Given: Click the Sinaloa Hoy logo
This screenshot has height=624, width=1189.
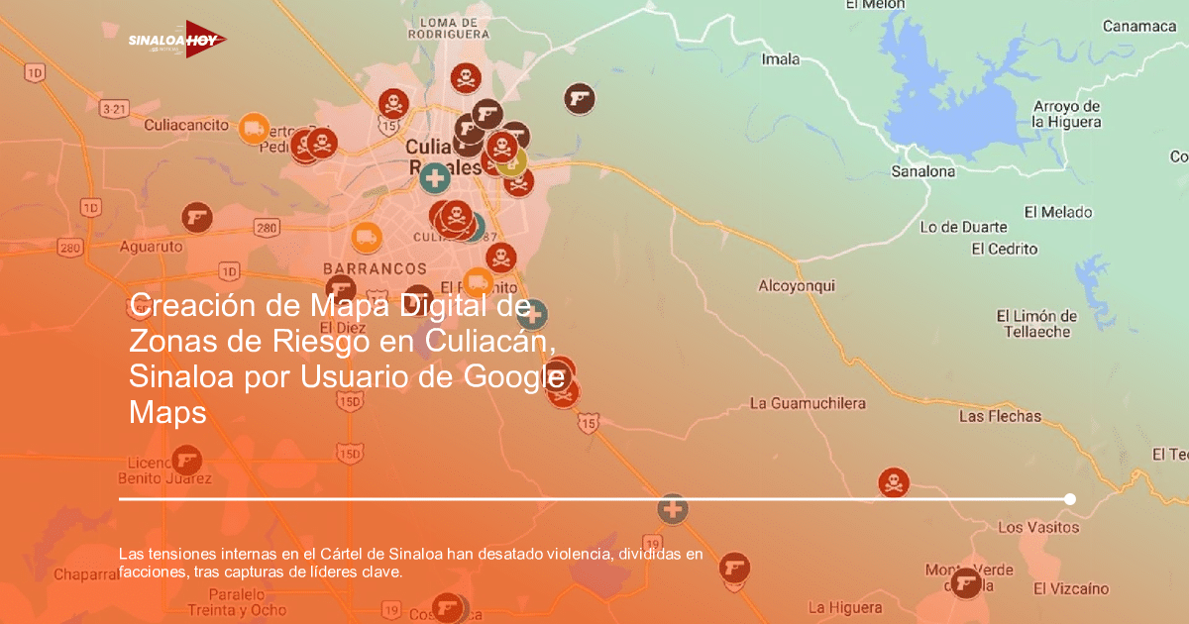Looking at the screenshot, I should (x=176, y=40).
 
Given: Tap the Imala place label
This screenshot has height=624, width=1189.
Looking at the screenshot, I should (x=780, y=59).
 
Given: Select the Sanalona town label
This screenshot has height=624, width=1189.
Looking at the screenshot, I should (x=923, y=171).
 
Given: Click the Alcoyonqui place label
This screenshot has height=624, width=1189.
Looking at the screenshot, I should (x=797, y=286).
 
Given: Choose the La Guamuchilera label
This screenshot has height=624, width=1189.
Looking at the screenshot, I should (x=808, y=403).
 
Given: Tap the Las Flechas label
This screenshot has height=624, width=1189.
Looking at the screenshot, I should (x=1000, y=417).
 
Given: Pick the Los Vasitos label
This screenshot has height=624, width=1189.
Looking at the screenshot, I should (x=1037, y=527).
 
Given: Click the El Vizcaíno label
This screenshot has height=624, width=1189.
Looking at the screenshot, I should (x=1071, y=588).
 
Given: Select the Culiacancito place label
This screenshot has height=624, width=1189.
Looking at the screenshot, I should (x=186, y=126).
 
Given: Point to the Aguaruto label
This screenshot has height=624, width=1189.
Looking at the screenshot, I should (x=151, y=245).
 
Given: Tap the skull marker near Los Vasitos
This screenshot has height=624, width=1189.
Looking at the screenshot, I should (x=893, y=482).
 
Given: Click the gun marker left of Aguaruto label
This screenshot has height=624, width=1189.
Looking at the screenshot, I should (x=196, y=217).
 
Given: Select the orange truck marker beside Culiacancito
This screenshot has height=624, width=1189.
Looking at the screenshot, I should (x=254, y=127).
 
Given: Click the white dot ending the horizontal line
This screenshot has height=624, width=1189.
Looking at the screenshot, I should (x=1070, y=499).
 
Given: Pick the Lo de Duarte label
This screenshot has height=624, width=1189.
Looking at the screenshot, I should (x=963, y=227).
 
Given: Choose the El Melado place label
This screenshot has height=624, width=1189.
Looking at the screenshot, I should (x=1058, y=212).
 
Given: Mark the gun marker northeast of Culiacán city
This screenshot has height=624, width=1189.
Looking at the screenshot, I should (x=580, y=98).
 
